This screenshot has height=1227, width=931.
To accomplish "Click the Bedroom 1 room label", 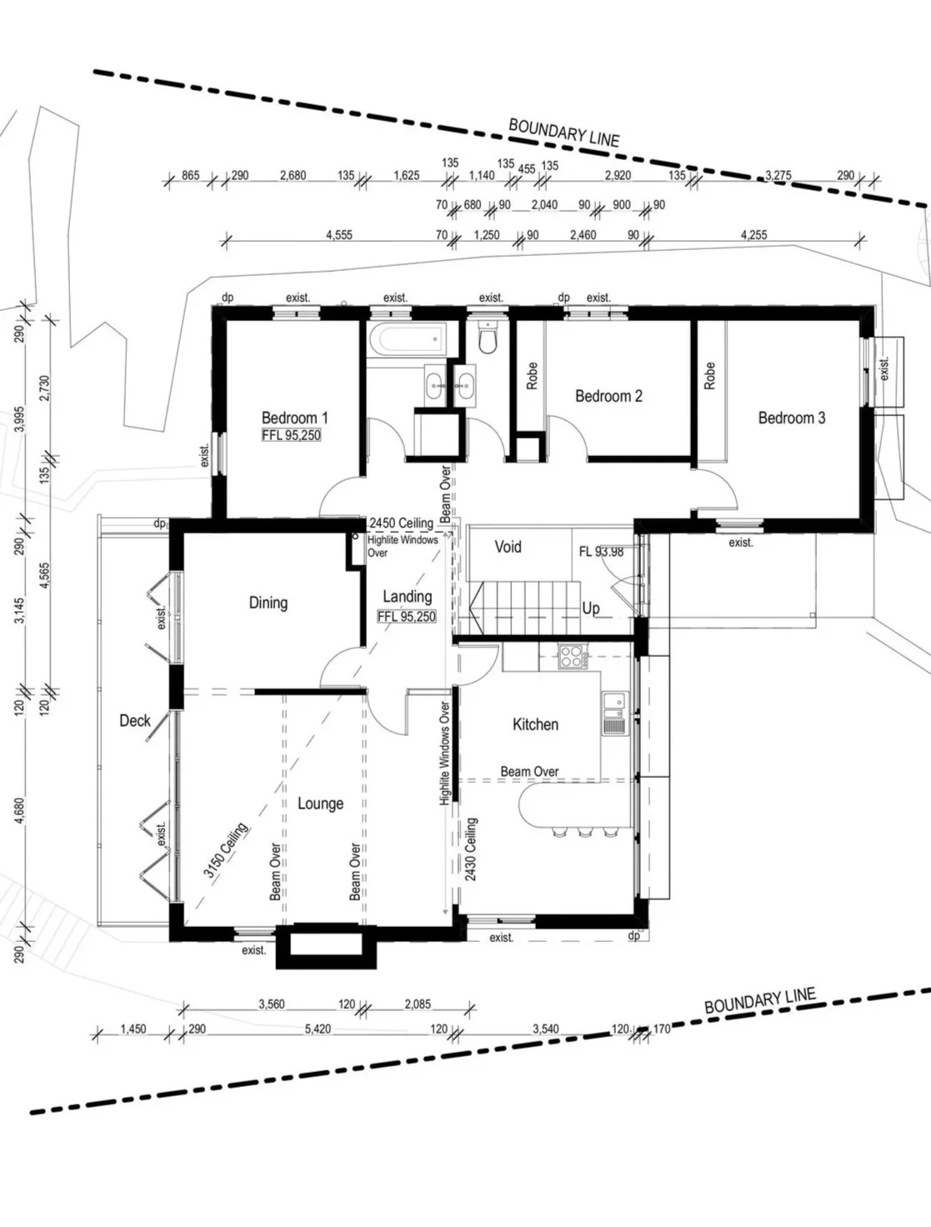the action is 294,417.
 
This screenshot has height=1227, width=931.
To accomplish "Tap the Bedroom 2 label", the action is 608,396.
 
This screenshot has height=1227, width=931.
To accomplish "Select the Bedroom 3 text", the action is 791,417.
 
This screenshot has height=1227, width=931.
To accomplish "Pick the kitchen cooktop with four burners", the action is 573,656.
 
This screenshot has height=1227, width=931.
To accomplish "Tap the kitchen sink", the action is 615,713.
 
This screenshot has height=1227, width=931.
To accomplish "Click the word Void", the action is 508,546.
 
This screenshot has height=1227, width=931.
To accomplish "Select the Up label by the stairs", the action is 591,608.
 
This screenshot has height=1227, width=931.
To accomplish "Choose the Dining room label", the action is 268,603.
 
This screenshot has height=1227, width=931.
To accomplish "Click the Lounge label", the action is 320,804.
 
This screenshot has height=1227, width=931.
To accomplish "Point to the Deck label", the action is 135,720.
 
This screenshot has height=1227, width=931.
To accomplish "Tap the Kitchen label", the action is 535,724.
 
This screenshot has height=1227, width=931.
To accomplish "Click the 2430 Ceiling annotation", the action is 471,849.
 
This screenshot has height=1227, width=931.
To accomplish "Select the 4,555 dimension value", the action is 339,235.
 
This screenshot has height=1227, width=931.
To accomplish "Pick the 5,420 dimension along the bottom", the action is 318,1029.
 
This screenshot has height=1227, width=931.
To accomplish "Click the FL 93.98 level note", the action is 601,552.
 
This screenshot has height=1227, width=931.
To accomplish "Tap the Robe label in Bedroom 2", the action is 532,376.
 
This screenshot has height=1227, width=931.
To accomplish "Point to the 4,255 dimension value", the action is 753,235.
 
